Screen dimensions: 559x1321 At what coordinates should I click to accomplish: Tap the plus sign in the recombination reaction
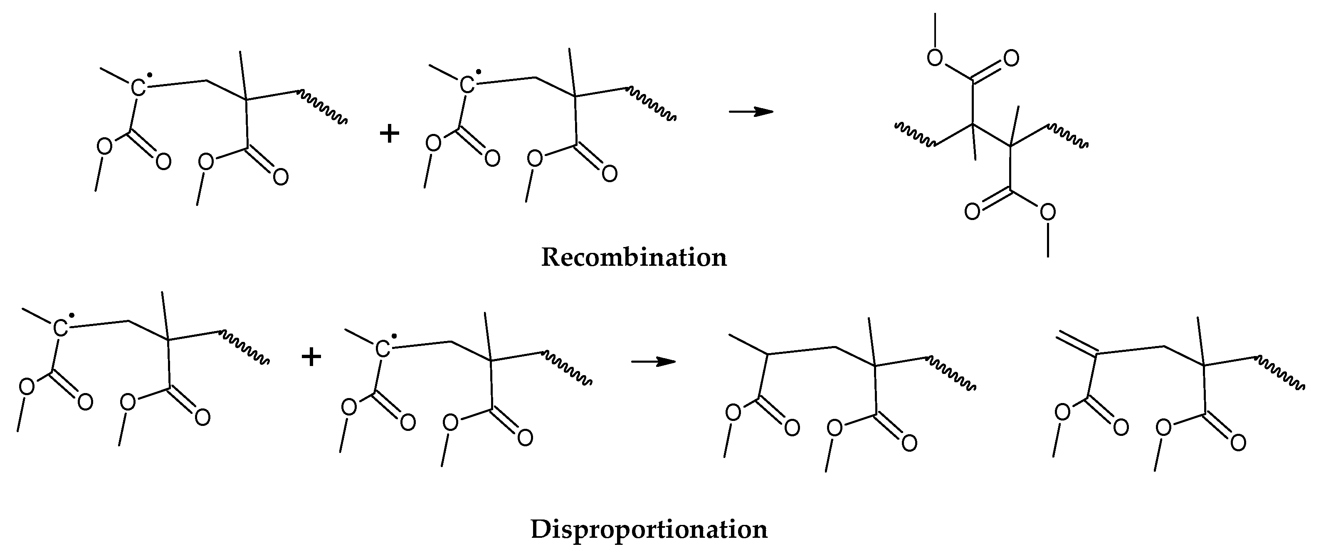389,134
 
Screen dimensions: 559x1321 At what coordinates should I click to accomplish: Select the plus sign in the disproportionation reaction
311,356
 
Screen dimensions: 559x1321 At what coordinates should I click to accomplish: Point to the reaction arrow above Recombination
751,111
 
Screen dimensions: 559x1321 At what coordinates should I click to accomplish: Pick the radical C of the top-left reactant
138,88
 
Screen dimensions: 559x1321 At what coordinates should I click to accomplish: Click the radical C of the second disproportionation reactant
382,349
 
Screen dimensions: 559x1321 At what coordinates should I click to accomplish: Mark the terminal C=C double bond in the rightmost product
1076,345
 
